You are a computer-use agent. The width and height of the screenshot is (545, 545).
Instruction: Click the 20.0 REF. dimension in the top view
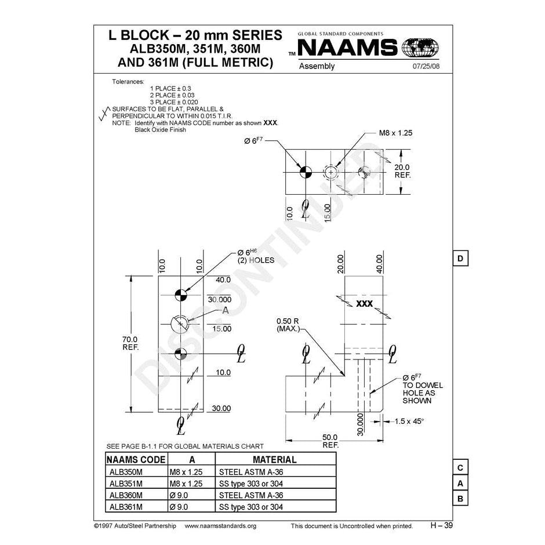coord(402,170)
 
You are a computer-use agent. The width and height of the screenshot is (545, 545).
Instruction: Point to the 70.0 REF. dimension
coord(129,343)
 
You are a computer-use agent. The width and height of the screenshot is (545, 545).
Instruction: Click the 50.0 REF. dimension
coord(330,441)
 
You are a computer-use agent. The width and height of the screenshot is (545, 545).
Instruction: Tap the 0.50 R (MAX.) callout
coord(288,325)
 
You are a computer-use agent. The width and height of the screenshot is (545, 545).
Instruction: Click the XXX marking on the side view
coord(364,304)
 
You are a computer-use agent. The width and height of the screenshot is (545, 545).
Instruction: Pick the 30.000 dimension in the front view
coord(220,300)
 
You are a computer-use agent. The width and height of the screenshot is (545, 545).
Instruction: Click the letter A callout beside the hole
coord(226,311)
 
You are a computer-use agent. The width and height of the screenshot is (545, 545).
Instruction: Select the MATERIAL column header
coord(275,460)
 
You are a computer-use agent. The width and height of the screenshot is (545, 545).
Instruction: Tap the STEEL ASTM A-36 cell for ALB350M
coord(252,472)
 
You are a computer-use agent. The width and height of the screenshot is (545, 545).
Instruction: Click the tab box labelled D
coord(459,258)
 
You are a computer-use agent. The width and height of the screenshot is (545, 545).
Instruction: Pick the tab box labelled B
coord(459,499)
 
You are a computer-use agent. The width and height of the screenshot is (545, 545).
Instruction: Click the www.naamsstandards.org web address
coord(220,526)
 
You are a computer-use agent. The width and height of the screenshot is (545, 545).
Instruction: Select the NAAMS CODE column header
coord(136,460)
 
